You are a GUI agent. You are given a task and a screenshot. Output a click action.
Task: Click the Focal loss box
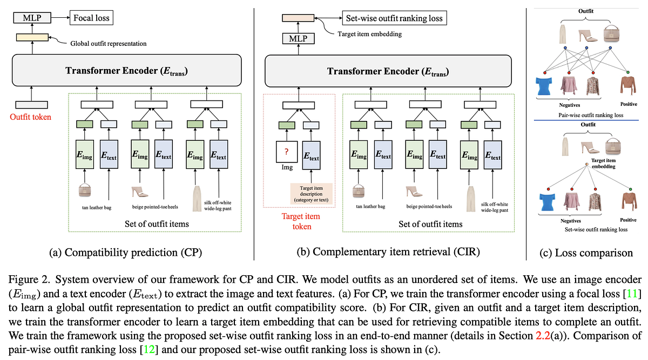pos(91,18)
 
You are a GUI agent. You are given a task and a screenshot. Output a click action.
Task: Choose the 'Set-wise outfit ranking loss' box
pos(393,18)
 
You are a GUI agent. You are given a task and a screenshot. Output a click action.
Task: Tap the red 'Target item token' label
pos(301,221)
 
